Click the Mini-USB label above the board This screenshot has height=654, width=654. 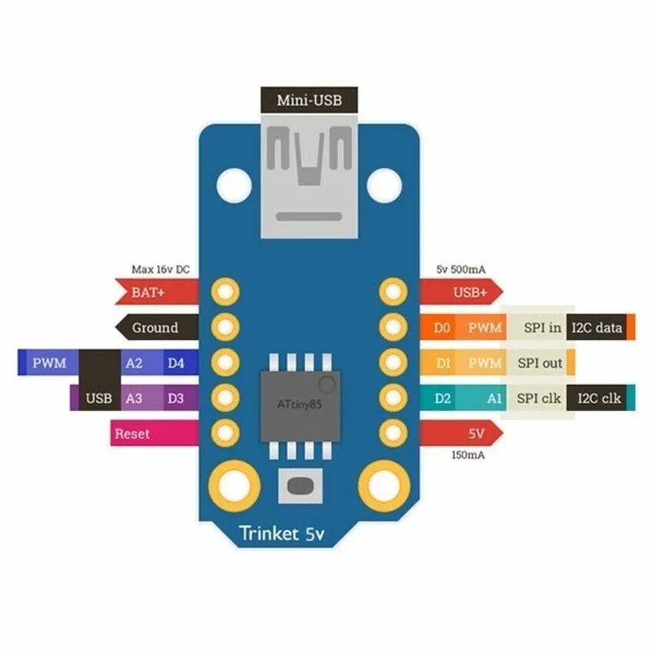[308, 100]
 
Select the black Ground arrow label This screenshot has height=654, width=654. [154, 328]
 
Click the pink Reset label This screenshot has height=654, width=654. [132, 434]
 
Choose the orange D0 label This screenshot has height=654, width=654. [441, 328]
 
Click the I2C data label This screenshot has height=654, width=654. [597, 328]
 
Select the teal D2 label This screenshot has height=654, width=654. [442, 399]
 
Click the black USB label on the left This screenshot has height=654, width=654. [99, 399]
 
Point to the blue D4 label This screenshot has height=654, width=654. [175, 363]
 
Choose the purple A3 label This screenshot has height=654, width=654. [134, 399]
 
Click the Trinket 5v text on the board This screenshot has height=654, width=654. [293, 532]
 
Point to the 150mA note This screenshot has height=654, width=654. [469, 455]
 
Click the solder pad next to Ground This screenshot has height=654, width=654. [225, 328]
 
